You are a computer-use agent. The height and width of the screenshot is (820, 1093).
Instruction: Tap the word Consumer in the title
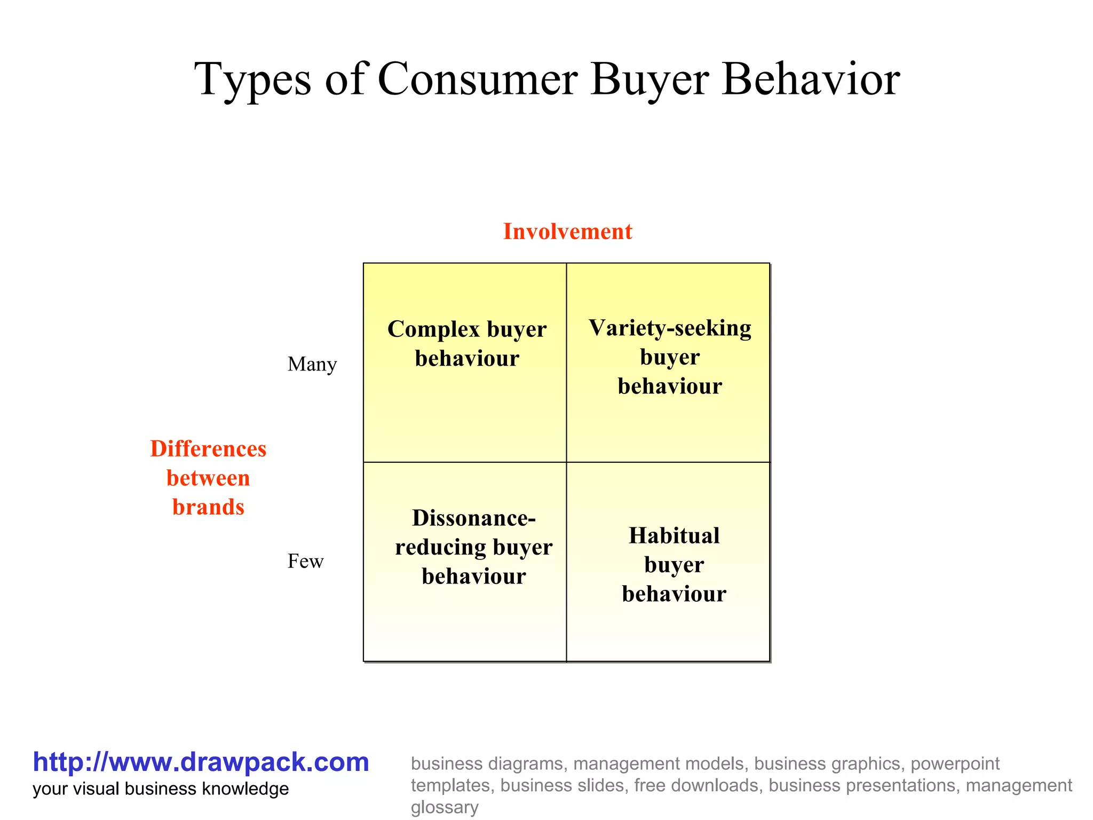tap(477, 79)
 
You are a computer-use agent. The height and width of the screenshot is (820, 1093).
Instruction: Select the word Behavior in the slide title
tap(811, 79)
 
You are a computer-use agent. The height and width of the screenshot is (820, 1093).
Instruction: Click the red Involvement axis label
tap(567, 232)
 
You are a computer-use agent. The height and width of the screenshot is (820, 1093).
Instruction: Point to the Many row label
tap(312, 365)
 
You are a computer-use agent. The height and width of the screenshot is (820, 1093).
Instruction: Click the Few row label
tap(305, 562)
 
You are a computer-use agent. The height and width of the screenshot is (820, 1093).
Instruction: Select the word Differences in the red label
tap(208, 449)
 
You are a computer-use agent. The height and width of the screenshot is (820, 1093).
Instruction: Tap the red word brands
tap(208, 507)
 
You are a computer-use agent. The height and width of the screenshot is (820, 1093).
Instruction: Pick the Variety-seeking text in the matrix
tap(670, 328)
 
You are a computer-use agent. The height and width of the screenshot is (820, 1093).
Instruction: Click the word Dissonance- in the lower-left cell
tap(474, 518)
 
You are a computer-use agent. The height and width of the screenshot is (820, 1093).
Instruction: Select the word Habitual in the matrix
tap(674, 535)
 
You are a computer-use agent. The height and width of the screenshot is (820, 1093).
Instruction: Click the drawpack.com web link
tap(201, 762)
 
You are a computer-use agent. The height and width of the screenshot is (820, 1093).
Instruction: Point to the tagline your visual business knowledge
tap(161, 789)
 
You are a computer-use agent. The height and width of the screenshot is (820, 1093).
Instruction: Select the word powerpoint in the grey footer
tap(955, 764)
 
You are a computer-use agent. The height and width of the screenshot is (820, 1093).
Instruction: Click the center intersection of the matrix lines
tap(566, 462)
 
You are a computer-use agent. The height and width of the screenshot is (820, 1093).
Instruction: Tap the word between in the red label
tap(208, 478)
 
